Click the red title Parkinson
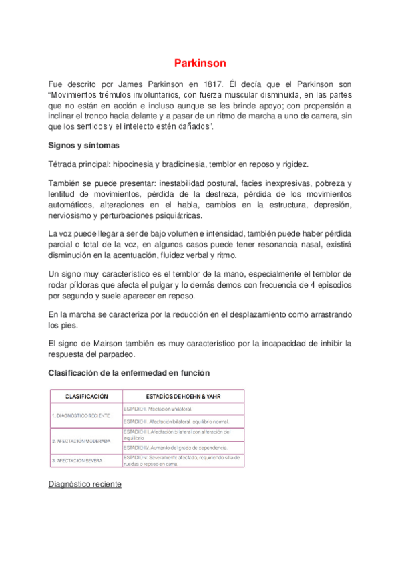[200, 64]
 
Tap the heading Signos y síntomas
[84, 144]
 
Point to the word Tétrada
[66, 164]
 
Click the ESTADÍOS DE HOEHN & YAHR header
[183, 396]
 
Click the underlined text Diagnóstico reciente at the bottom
[85, 483]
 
